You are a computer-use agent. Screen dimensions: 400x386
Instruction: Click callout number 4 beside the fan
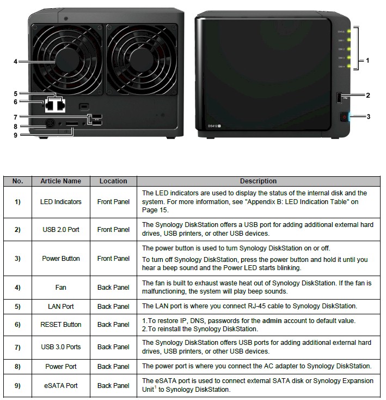pos(15,62)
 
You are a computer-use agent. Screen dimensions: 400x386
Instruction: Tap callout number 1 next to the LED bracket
pos(367,61)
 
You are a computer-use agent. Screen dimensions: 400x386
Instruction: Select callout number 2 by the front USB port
pos(367,95)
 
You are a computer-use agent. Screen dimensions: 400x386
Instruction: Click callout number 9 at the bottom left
pos(15,135)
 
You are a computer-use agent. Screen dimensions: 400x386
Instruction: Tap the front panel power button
pos(344,117)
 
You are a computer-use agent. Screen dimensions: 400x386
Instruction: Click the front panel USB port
pos(338,97)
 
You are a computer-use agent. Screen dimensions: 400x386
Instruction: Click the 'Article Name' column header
pos(60,181)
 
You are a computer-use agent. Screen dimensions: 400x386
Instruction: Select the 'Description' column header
pos(258,181)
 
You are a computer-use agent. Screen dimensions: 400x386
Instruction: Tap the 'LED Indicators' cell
pos(60,202)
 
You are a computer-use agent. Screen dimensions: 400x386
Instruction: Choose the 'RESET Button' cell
pos(60,325)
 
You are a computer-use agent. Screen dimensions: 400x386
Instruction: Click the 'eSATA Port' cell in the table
pos(60,386)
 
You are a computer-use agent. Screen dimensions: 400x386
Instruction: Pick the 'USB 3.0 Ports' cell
pos(60,347)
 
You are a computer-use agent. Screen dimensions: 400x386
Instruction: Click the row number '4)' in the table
pos(17,287)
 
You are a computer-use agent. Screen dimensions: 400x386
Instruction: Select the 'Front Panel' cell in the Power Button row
pos(113,259)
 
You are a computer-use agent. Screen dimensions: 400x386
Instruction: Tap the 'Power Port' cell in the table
pos(60,367)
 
